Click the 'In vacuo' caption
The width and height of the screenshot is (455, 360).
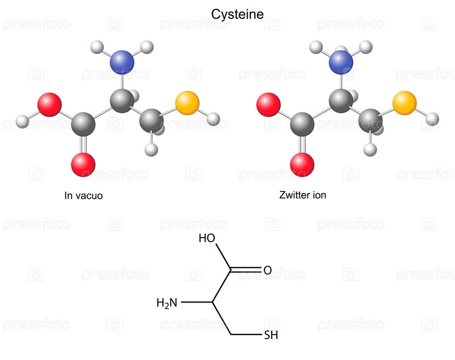[83, 195]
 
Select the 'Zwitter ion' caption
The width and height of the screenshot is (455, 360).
[303, 195]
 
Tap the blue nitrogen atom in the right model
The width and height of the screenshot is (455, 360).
[341, 62]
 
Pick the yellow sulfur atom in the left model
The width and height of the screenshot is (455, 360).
[187, 103]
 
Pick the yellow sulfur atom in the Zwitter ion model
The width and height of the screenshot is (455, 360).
[404, 103]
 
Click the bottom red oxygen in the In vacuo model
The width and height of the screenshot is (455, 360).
[83, 165]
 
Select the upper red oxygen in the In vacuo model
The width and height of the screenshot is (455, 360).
[49, 105]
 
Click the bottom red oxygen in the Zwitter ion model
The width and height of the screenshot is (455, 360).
[302, 165]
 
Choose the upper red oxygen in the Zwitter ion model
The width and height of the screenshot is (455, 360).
[268, 105]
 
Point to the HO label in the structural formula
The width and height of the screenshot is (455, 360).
[206, 239]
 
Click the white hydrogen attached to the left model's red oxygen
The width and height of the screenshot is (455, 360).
[22, 121]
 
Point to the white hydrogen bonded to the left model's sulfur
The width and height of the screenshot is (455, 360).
[214, 118]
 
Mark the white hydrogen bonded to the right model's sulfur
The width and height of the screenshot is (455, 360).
[432, 119]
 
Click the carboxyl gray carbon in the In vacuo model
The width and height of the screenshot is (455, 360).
[84, 122]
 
